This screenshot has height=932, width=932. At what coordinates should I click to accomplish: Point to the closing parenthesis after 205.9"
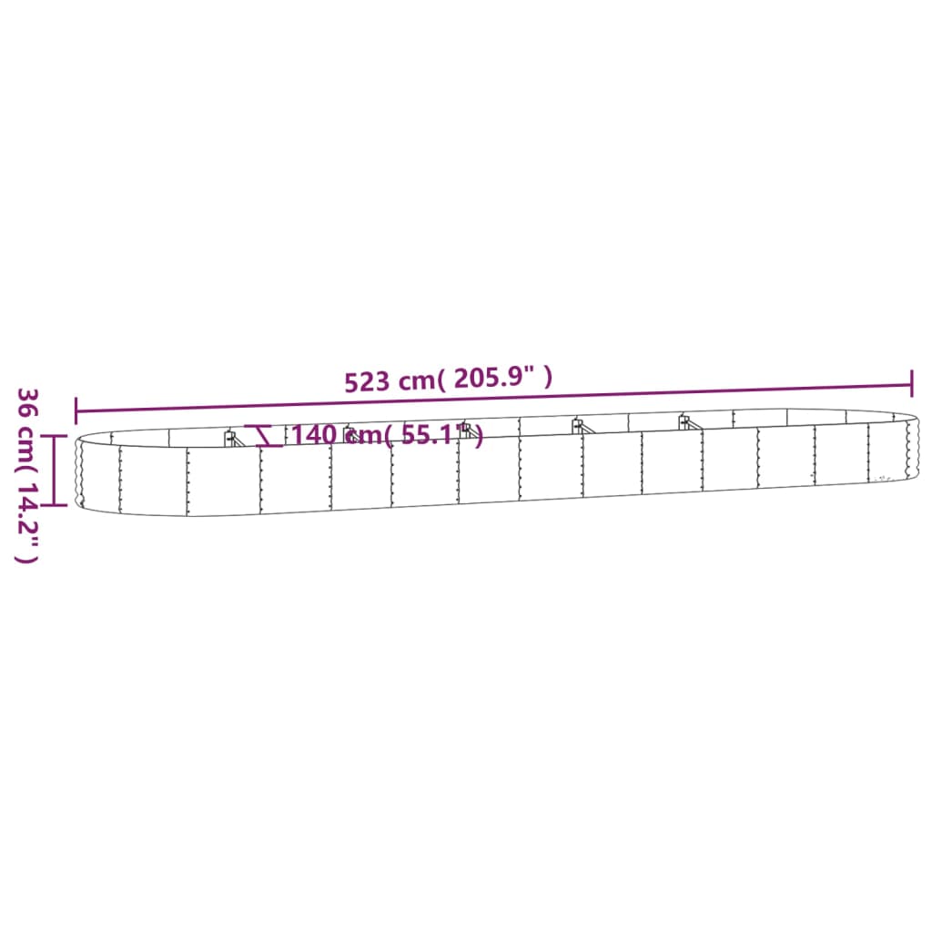548,377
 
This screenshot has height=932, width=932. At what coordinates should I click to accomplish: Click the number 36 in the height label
28,403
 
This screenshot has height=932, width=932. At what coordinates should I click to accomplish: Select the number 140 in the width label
315,435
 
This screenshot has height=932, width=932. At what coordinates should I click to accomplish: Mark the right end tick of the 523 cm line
911,383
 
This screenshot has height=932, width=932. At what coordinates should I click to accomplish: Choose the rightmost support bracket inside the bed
684,421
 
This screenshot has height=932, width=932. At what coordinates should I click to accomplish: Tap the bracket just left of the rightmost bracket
577,425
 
